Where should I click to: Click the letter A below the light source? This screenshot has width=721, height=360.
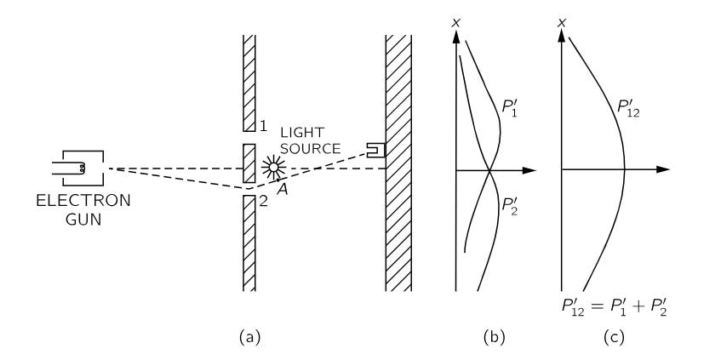point(281,191)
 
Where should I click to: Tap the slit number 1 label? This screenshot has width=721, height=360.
point(263,126)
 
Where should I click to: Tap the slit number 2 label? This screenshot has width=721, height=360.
point(263,202)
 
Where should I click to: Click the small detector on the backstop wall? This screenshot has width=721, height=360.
point(375,150)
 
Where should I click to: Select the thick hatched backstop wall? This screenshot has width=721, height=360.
point(398,162)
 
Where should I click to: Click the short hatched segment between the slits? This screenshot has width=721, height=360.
point(249,163)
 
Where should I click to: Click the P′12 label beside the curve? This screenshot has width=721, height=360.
point(628,109)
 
